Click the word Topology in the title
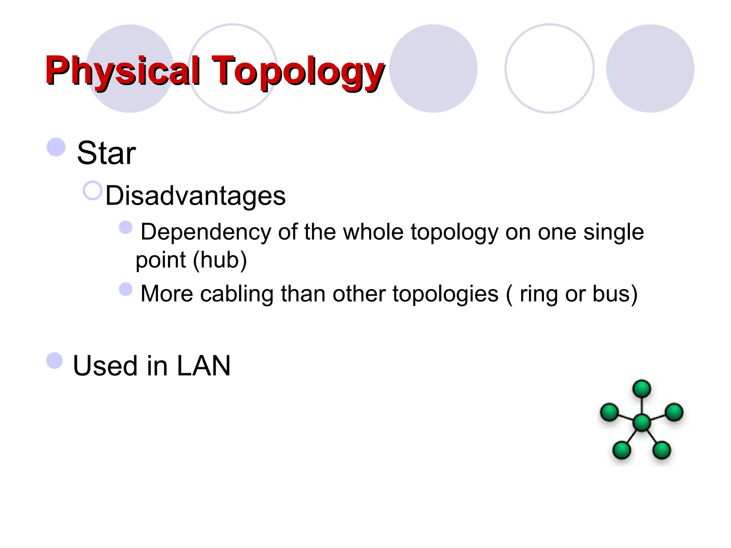[298, 71]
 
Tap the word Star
[106, 153]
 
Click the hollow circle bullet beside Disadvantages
[92, 191]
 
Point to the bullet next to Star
[56, 147]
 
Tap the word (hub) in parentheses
[220, 260]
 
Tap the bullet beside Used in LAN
[55, 360]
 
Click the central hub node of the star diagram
[642, 423]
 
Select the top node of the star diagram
[642, 389]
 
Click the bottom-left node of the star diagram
[622, 450]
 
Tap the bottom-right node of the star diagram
[662, 450]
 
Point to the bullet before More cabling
[126, 289]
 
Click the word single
[614, 233]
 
